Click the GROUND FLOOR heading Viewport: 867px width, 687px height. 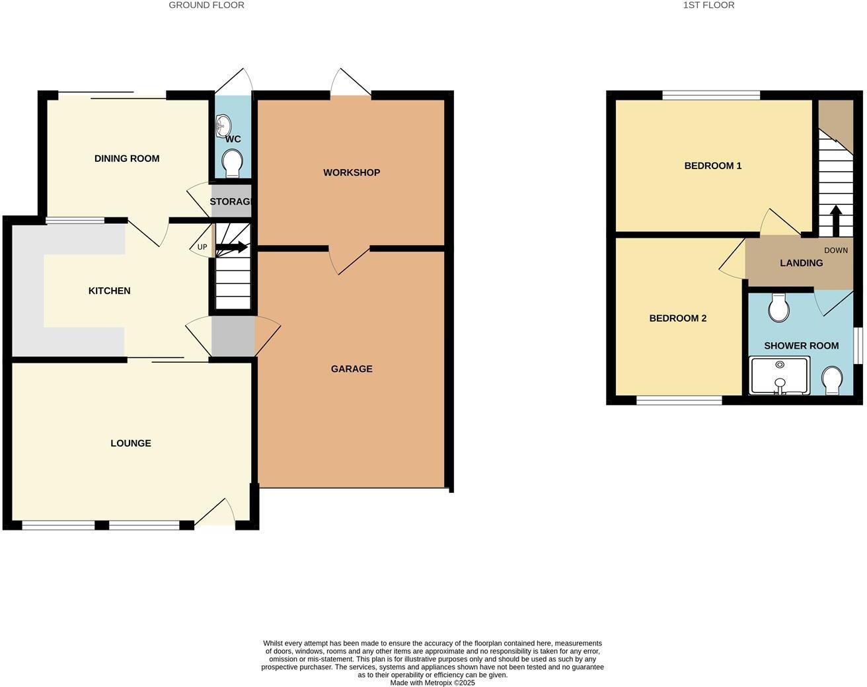coord(206,5)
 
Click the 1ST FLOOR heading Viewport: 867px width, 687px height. coord(708,5)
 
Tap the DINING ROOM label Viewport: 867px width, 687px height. coord(127,159)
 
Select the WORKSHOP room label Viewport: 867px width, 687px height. coord(352,172)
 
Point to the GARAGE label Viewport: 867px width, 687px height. coord(352,369)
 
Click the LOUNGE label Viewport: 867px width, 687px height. coord(131,443)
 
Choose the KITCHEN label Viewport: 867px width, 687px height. coord(110,291)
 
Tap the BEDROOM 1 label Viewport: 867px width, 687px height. coord(713,166)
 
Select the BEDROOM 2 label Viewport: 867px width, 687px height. coord(678,318)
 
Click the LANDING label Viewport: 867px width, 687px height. coord(801,263)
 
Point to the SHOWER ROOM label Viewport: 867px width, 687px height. coord(801,345)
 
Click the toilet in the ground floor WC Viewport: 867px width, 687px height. coord(232,163)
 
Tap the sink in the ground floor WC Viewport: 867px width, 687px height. coord(223,124)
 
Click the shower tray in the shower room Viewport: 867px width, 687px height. coord(780,376)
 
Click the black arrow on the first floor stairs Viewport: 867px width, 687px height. coord(835,220)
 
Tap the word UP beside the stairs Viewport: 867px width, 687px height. coord(202,248)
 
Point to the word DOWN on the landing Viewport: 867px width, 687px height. coord(836,250)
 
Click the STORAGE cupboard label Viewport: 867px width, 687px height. coord(231,201)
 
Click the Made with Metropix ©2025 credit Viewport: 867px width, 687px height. coord(432,683)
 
